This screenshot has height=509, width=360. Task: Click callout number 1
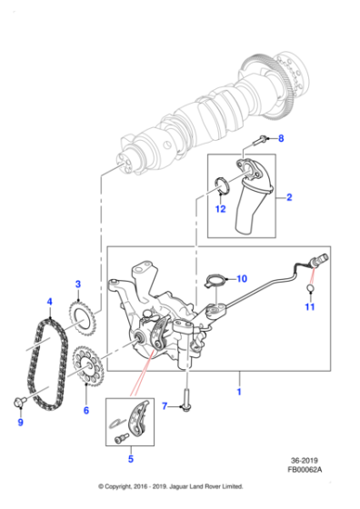point(239,392)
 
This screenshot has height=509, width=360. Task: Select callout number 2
point(289,196)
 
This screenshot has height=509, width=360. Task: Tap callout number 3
point(79,284)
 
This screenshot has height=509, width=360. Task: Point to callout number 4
point(50,302)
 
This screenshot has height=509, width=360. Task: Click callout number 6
point(86,411)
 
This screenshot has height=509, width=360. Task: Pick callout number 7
point(165,405)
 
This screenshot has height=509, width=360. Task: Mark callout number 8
point(280,139)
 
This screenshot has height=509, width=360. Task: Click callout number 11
point(310,308)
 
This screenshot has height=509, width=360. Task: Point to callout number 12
point(220,210)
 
